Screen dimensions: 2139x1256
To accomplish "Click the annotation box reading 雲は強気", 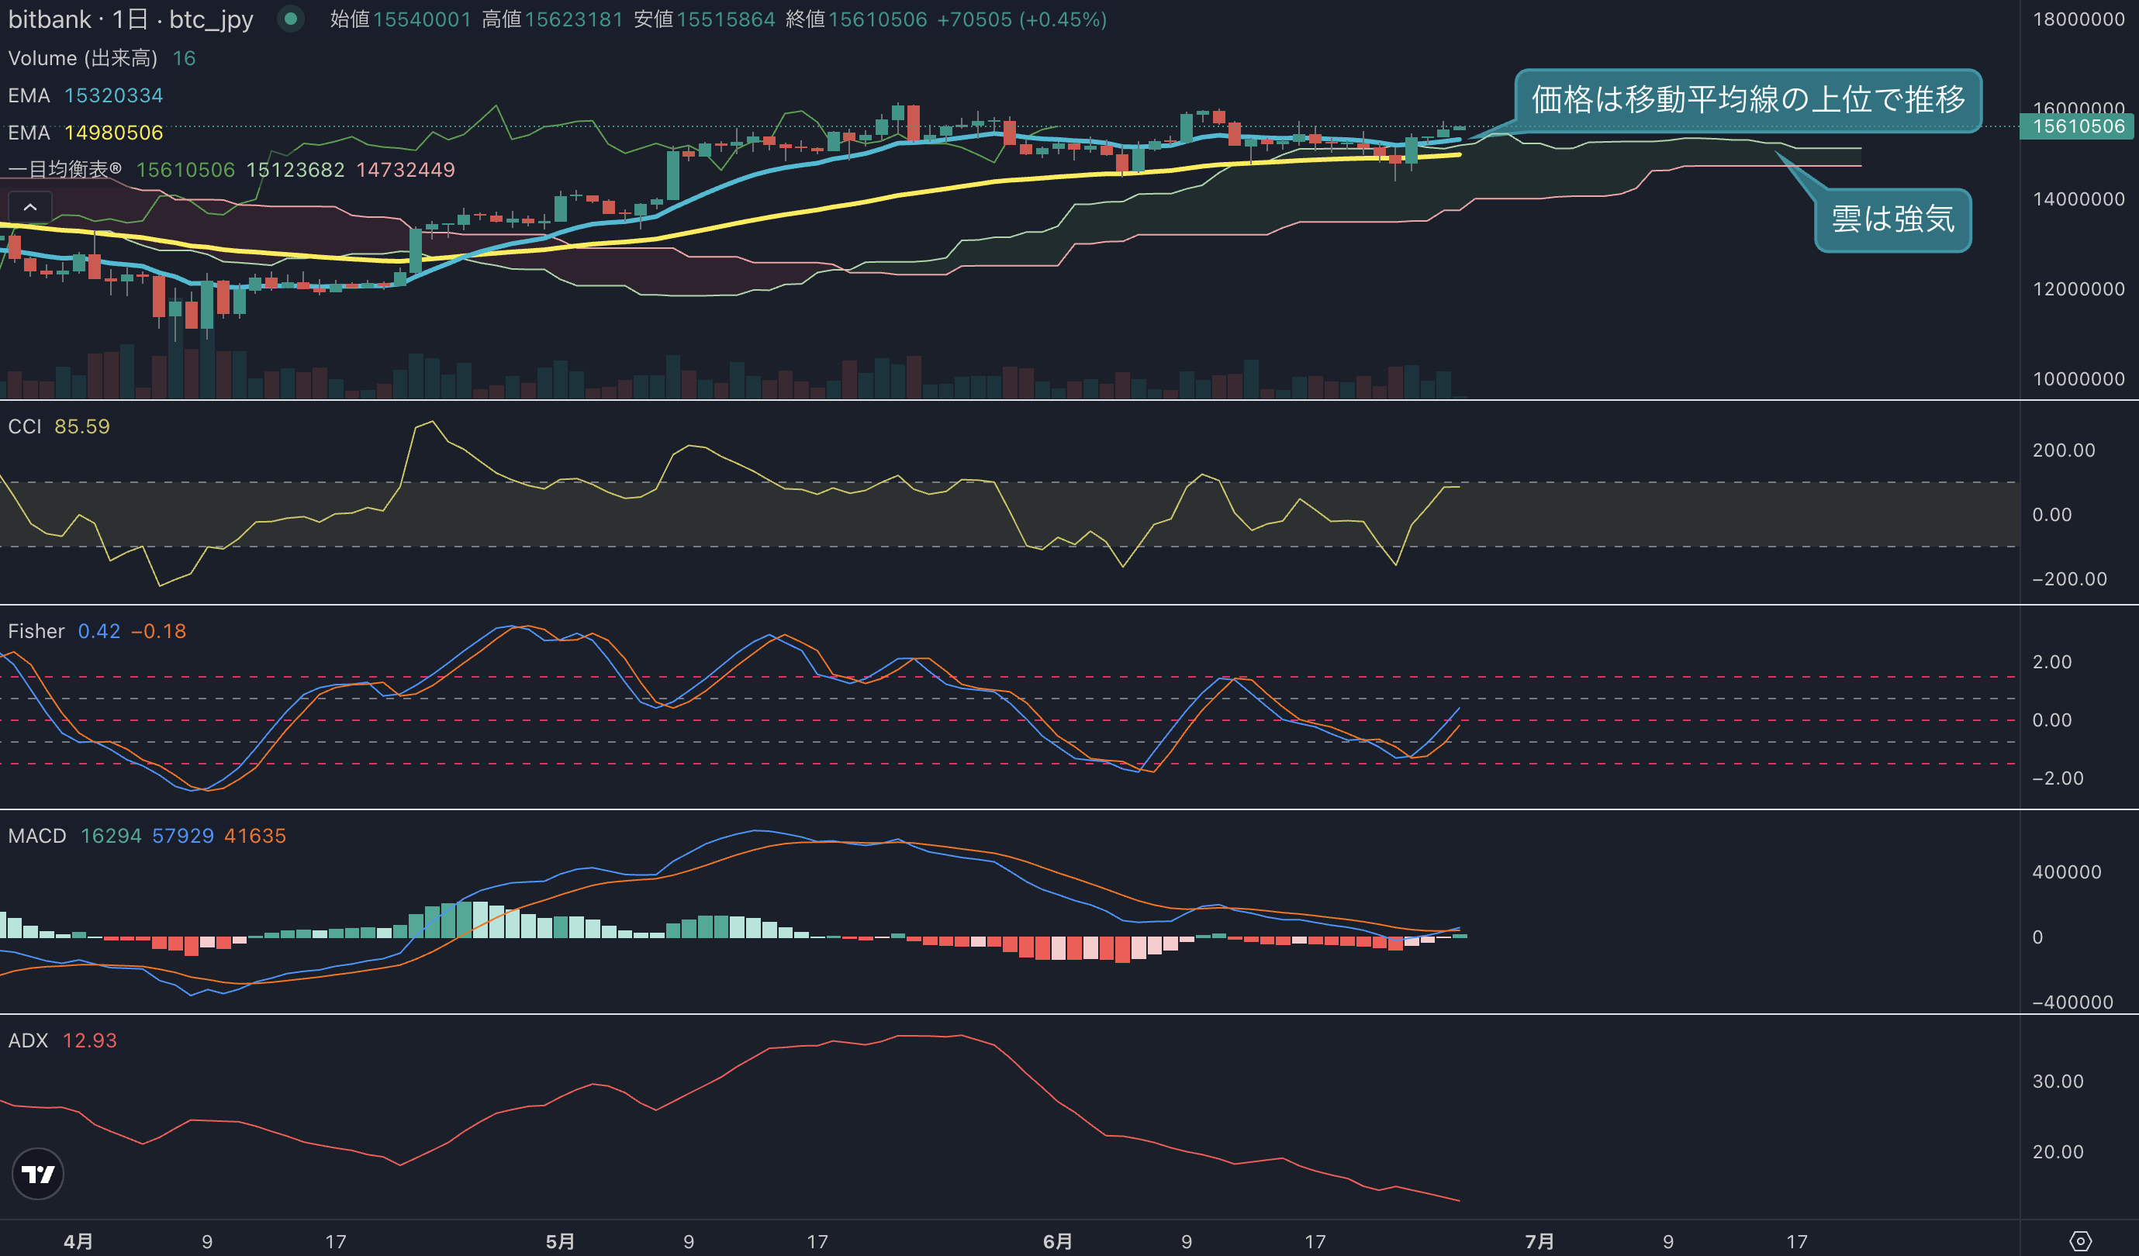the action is click(1892, 220).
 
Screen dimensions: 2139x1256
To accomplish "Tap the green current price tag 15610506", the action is click(2078, 126).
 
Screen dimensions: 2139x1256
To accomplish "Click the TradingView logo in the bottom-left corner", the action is click(38, 1174).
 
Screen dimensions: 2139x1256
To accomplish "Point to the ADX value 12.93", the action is click(90, 1040).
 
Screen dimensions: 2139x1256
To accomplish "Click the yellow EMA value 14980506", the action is click(114, 133).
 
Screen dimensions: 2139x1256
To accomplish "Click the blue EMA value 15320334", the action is click(114, 95).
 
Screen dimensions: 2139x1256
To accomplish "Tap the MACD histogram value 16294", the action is click(111, 836).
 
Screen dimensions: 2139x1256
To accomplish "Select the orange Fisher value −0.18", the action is click(159, 631).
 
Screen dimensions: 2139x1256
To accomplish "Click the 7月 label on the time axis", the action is click(1539, 1241).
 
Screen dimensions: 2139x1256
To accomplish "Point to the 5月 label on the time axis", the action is click(560, 1241).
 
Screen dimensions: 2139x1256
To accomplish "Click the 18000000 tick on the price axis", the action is click(2078, 19).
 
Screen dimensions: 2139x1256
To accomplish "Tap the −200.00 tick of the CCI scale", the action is click(2069, 579).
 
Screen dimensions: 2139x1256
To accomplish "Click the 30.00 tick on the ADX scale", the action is click(2058, 1082).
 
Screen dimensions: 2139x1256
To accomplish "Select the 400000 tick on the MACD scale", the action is click(2066, 871).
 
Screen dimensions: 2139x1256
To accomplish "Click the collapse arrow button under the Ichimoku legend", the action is click(29, 207).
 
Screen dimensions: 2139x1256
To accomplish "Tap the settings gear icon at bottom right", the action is click(2080, 1241).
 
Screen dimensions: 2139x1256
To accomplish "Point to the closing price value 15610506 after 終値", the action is click(878, 19).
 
